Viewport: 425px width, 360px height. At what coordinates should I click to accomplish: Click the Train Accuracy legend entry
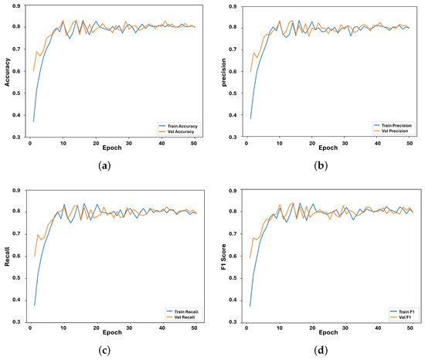point(178,123)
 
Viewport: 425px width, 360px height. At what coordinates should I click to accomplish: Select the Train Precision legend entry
point(393,123)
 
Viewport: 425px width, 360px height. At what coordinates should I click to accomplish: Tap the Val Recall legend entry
point(180,316)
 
